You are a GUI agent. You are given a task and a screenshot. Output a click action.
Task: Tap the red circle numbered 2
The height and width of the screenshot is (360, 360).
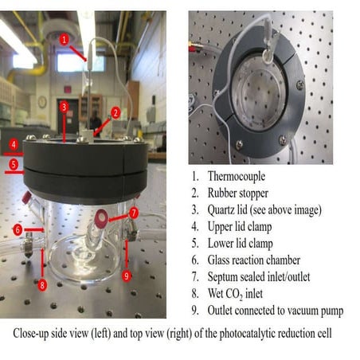(x=115, y=112)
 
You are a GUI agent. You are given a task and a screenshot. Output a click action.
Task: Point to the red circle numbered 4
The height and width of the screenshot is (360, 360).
(x=13, y=144)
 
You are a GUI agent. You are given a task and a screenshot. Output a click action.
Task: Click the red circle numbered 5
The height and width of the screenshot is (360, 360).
(x=13, y=166)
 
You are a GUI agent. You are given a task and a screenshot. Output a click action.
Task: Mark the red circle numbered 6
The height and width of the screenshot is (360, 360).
(x=18, y=230)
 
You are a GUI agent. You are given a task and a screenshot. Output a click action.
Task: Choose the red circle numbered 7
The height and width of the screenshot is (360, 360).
(x=134, y=213)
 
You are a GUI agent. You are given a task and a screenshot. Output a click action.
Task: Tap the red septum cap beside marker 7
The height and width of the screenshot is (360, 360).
(x=103, y=217)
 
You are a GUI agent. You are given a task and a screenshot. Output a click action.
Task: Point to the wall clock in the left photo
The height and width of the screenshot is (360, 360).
(x=41, y=102)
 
